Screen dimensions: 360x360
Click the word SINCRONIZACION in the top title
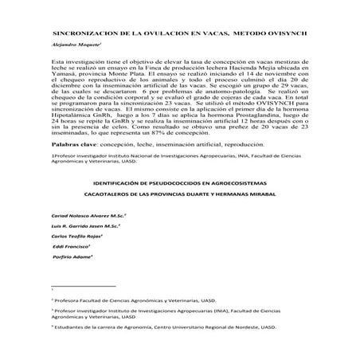click(x=83, y=36)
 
